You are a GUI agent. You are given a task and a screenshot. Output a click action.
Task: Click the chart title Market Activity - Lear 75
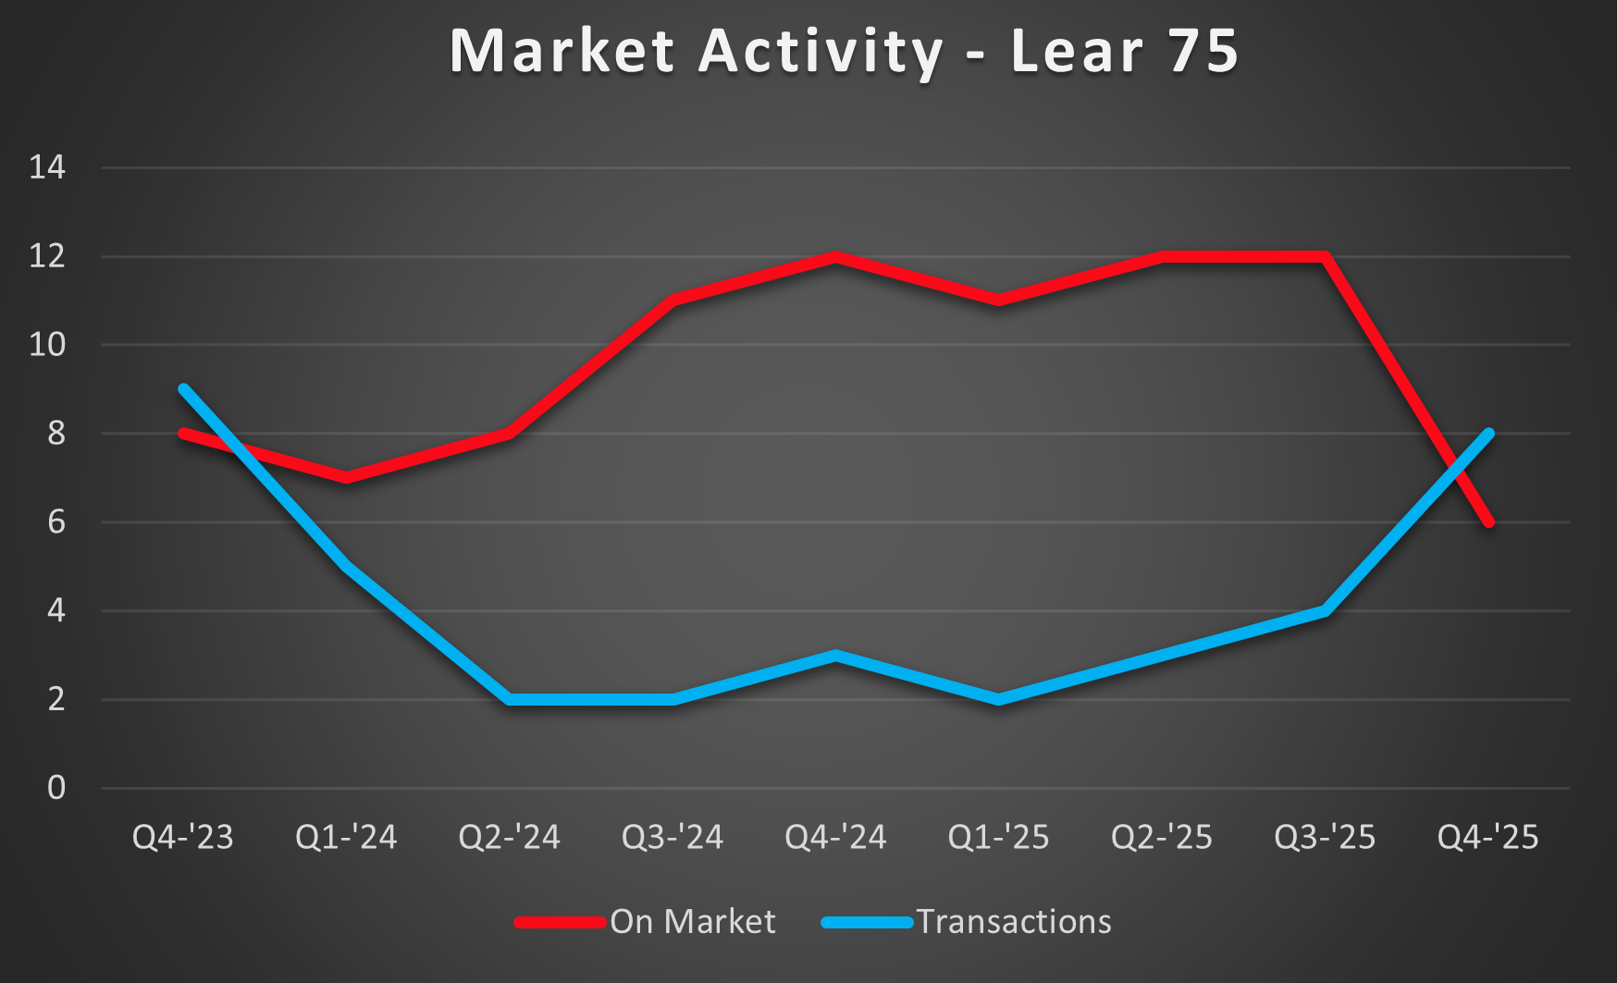[x=844, y=51]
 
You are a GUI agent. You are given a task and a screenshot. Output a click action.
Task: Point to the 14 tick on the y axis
[x=48, y=167]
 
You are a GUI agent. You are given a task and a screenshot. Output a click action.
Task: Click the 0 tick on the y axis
[x=56, y=788]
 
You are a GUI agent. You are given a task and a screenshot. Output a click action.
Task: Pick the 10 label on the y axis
[x=48, y=345]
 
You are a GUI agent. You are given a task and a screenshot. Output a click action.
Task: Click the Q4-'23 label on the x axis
[x=183, y=838]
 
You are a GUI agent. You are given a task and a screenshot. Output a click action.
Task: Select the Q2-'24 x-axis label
[x=510, y=838]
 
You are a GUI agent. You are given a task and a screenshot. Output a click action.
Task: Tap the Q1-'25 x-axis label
[x=999, y=838]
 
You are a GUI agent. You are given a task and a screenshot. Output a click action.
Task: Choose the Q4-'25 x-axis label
[x=1487, y=838]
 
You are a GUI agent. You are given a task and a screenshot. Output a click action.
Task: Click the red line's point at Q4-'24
[x=836, y=257]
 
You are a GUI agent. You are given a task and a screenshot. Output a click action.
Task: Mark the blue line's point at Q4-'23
[x=183, y=389]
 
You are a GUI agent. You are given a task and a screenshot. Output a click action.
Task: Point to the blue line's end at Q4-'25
[x=1488, y=434]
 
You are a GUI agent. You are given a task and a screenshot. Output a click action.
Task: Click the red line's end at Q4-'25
[x=1488, y=522]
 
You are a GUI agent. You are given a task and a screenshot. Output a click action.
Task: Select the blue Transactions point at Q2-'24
[x=510, y=699]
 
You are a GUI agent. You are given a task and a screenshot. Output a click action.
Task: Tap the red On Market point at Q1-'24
[x=347, y=477]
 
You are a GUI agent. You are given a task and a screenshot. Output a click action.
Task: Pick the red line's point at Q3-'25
[x=1325, y=257]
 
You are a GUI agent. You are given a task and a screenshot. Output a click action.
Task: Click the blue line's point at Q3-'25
[x=1325, y=610]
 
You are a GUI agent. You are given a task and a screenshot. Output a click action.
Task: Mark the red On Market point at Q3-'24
[x=673, y=301]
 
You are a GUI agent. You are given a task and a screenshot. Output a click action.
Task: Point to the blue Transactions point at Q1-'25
[x=999, y=699]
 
